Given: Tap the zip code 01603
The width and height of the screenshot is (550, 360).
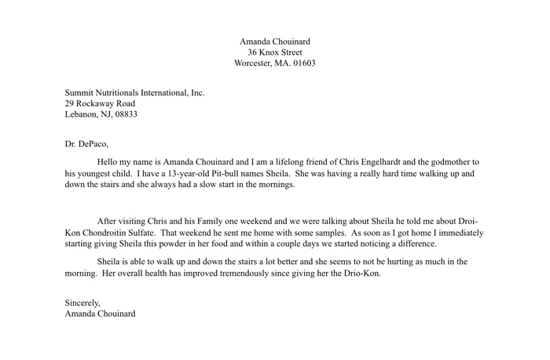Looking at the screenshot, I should point(302,63).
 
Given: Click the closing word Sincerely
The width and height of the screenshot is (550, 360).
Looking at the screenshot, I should point(82,303).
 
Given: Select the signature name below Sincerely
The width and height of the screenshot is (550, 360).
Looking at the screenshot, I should point(100,314).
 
